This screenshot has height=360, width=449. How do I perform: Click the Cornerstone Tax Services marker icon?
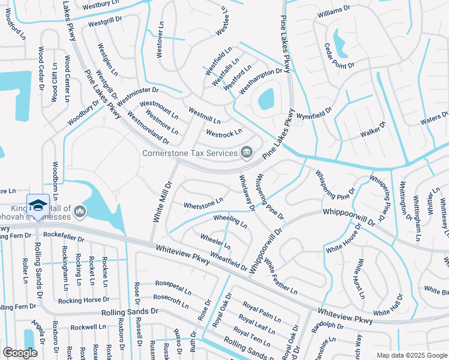tap(246, 153)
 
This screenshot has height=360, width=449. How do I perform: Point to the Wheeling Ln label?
tap(230, 221)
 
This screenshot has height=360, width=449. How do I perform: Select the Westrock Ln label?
tap(224, 131)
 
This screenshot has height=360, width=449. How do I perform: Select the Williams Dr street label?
tap(334, 11)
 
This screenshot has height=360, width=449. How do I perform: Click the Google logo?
tap(20, 353)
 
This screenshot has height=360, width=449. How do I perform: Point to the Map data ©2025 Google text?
tap(411, 355)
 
